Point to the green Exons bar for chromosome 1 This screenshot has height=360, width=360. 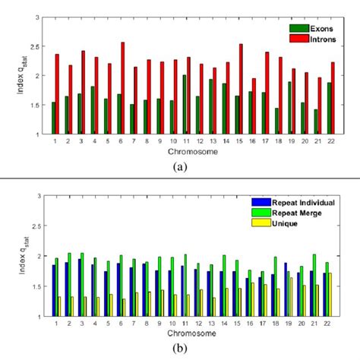point(53,118)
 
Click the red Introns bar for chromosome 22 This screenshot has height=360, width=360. point(332,98)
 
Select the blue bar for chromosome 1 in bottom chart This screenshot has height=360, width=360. point(53,290)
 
